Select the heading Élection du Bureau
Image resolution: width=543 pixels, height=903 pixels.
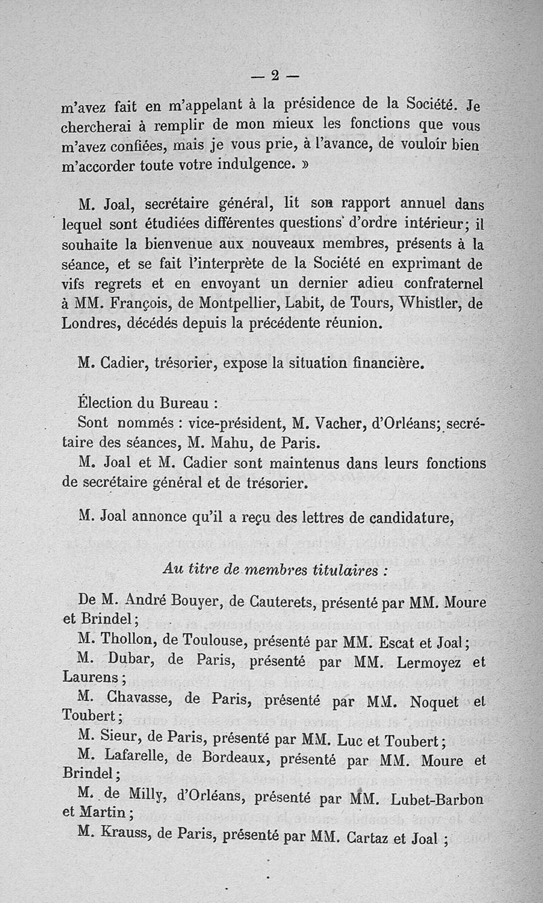point(146,402)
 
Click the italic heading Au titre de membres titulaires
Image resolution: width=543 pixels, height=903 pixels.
point(275,570)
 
